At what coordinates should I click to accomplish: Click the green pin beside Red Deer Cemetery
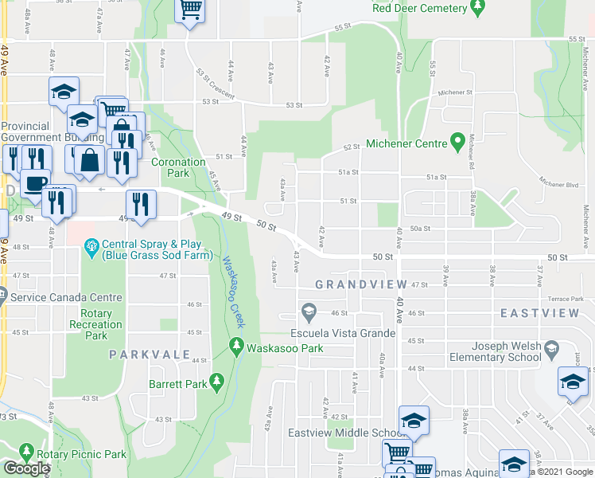click(477, 8)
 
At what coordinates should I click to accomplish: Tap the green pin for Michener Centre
click(457, 143)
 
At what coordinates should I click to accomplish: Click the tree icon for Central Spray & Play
click(92, 246)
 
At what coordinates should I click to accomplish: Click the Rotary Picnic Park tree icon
click(26, 453)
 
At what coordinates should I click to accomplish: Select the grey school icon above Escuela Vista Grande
click(309, 311)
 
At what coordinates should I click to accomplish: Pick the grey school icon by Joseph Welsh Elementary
click(550, 347)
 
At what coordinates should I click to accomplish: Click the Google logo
click(25, 468)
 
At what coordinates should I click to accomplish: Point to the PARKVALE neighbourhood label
click(150, 354)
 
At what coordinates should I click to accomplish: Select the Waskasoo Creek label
click(231, 292)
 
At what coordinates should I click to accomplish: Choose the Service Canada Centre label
click(67, 297)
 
